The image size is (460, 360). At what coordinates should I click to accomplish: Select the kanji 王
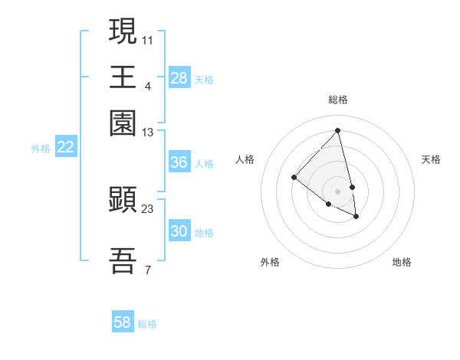(123, 77)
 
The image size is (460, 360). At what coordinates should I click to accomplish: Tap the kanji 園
(123, 123)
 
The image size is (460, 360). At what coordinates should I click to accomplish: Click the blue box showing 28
(179, 78)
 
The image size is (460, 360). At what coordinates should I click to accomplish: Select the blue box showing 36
(179, 162)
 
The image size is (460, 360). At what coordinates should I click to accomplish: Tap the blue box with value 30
(179, 231)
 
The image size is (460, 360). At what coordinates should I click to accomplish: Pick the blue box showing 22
(65, 147)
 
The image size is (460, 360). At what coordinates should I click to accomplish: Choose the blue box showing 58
(123, 322)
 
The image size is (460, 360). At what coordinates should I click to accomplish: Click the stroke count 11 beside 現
(148, 38)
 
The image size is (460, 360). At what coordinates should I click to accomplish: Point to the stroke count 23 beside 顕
(148, 209)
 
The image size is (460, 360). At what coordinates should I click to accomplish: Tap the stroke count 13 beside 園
(148, 133)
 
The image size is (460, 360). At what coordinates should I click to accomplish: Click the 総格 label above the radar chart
(338, 100)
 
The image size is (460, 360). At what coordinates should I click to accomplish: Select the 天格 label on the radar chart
(431, 159)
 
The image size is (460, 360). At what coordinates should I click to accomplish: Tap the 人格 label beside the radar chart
(245, 159)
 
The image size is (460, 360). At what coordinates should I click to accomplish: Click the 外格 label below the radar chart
(270, 262)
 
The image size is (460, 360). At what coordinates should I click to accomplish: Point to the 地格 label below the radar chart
(402, 262)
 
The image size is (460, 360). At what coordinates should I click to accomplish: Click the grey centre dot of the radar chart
(338, 191)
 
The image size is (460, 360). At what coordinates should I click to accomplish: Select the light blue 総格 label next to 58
(147, 324)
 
